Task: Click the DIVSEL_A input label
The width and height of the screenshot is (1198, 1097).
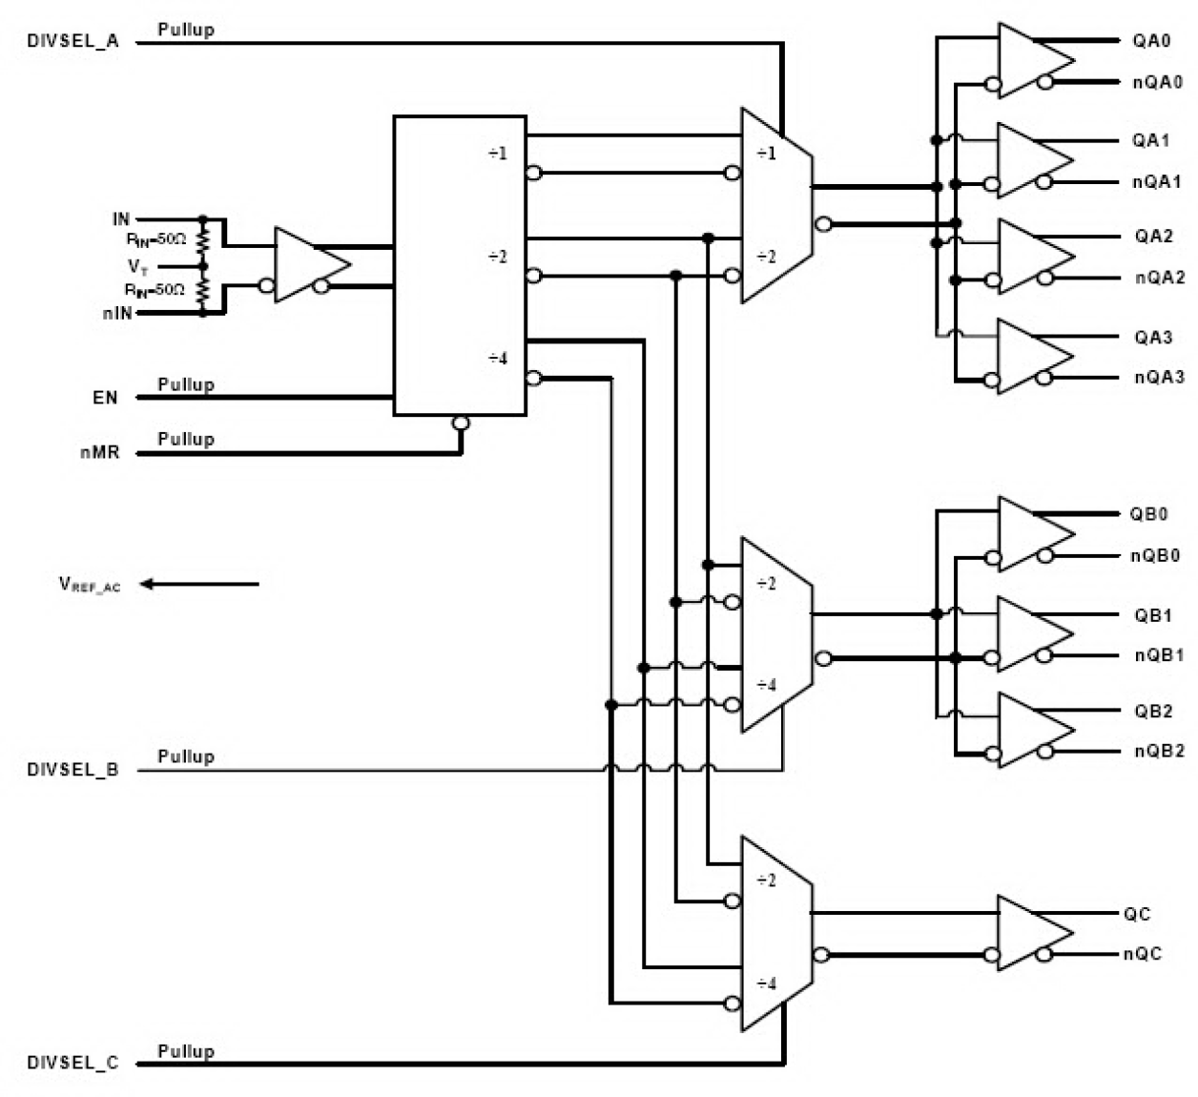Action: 72,42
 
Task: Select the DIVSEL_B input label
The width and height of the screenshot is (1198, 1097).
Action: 72,770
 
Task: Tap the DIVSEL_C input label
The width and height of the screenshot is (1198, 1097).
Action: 72,1063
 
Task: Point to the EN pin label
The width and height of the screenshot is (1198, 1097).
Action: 105,398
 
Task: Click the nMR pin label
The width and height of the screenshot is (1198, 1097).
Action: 100,452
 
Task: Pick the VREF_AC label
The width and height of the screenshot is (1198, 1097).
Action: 90,585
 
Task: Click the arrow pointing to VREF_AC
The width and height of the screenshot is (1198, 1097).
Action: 200,584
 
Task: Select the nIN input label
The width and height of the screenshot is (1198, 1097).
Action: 117,313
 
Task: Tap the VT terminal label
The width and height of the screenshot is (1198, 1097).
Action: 138,267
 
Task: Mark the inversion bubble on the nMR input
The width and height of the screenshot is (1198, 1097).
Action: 461,423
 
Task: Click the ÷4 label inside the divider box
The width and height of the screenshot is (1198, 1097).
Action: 498,359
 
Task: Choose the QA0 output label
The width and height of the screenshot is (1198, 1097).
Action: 1151,41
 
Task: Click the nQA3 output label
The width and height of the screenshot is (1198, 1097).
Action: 1159,378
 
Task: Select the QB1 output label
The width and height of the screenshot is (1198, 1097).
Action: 1152,615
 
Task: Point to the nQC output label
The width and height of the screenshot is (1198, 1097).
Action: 1142,954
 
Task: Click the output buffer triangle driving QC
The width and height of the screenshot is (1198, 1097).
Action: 1030,932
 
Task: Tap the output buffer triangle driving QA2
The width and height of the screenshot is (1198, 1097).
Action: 1030,256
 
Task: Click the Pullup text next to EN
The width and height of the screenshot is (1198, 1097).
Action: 186,384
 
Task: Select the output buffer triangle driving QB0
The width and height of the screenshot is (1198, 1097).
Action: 1030,534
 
